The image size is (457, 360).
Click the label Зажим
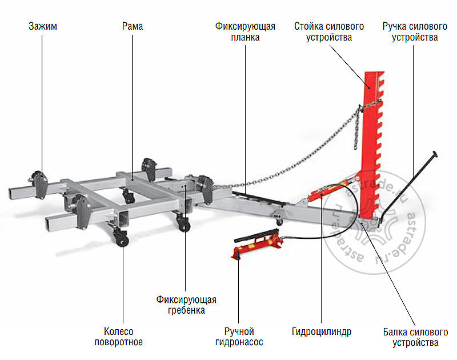(x=42, y=26)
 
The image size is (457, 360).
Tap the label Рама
(x=133, y=26)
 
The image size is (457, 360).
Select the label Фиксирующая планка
(x=246, y=32)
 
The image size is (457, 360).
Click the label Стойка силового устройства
(x=330, y=32)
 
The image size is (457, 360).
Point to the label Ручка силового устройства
(x=415, y=32)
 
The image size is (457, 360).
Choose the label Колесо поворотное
(x=123, y=337)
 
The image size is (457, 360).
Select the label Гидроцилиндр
(x=321, y=331)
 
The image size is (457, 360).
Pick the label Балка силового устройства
(x=415, y=337)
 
